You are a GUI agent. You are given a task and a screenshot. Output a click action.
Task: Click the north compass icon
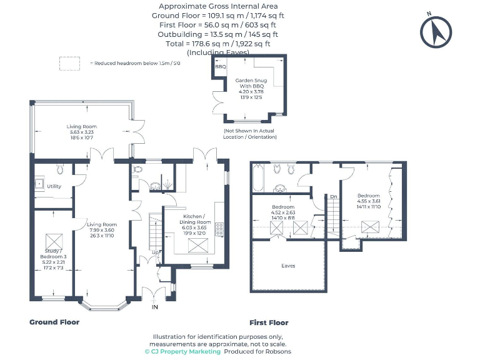click(436, 31)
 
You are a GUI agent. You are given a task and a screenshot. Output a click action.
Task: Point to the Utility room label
click(54, 186)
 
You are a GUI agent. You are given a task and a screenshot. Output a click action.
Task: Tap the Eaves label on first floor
click(288, 266)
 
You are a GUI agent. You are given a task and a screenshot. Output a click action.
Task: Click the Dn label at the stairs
click(334, 197)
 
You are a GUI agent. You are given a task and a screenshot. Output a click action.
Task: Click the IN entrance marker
click(154, 307)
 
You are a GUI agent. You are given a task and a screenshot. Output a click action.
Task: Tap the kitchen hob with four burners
click(220, 228)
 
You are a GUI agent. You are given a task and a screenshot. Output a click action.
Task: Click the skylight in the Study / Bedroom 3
click(53, 240)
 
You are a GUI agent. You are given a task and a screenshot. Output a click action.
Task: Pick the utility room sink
click(39, 184)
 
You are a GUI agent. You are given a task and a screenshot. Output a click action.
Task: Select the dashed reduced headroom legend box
click(69, 63)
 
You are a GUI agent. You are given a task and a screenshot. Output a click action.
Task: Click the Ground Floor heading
click(54, 322)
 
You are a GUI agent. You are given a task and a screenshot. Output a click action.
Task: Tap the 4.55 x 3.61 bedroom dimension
click(368, 202)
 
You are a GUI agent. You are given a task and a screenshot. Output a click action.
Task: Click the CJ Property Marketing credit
click(182, 352)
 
